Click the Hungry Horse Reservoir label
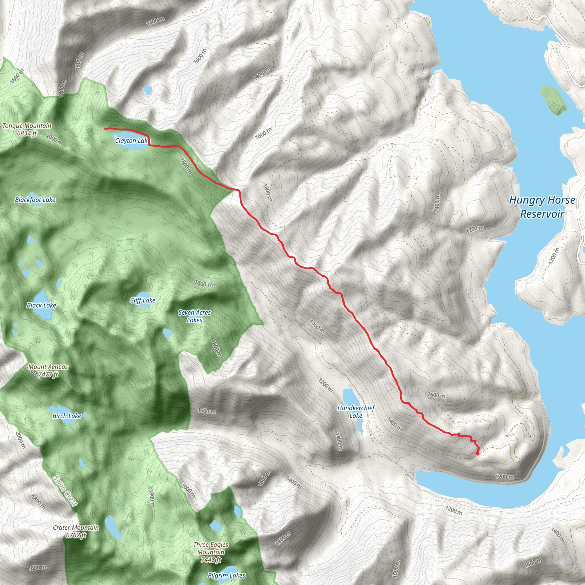[542, 207]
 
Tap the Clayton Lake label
[133, 141]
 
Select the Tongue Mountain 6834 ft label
[27, 129]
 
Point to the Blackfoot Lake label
[35, 200]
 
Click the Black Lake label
[41, 305]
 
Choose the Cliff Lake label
[143, 300]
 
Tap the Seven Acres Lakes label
[195, 316]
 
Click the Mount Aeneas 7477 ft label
[48, 370]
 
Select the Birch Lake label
[67, 416]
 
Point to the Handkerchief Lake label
[356, 412]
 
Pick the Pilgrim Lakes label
[227, 575]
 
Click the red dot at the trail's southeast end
[477, 462]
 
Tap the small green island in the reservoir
[553, 100]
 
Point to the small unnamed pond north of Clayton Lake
[148, 90]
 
